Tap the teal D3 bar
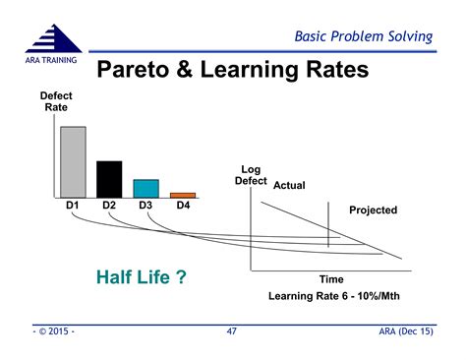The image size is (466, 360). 146,187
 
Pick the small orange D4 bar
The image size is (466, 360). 183,194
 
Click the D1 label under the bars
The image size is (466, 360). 73,206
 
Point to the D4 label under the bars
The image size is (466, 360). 183,206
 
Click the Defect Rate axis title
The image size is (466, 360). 55,101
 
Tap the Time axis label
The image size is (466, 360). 330,279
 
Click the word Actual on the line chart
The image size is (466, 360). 290,185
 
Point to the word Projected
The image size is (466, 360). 373,210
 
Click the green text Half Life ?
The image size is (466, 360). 142,277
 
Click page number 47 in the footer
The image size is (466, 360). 232,332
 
